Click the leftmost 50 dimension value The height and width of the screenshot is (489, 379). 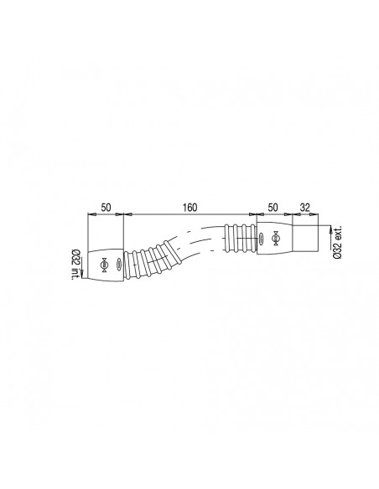pos(106,205)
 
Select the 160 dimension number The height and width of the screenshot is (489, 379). pos(189,205)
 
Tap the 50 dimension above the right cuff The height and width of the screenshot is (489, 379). pos(273,205)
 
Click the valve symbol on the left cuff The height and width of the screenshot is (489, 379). pos(104,265)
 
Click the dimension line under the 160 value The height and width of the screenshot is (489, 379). pos(189,214)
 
